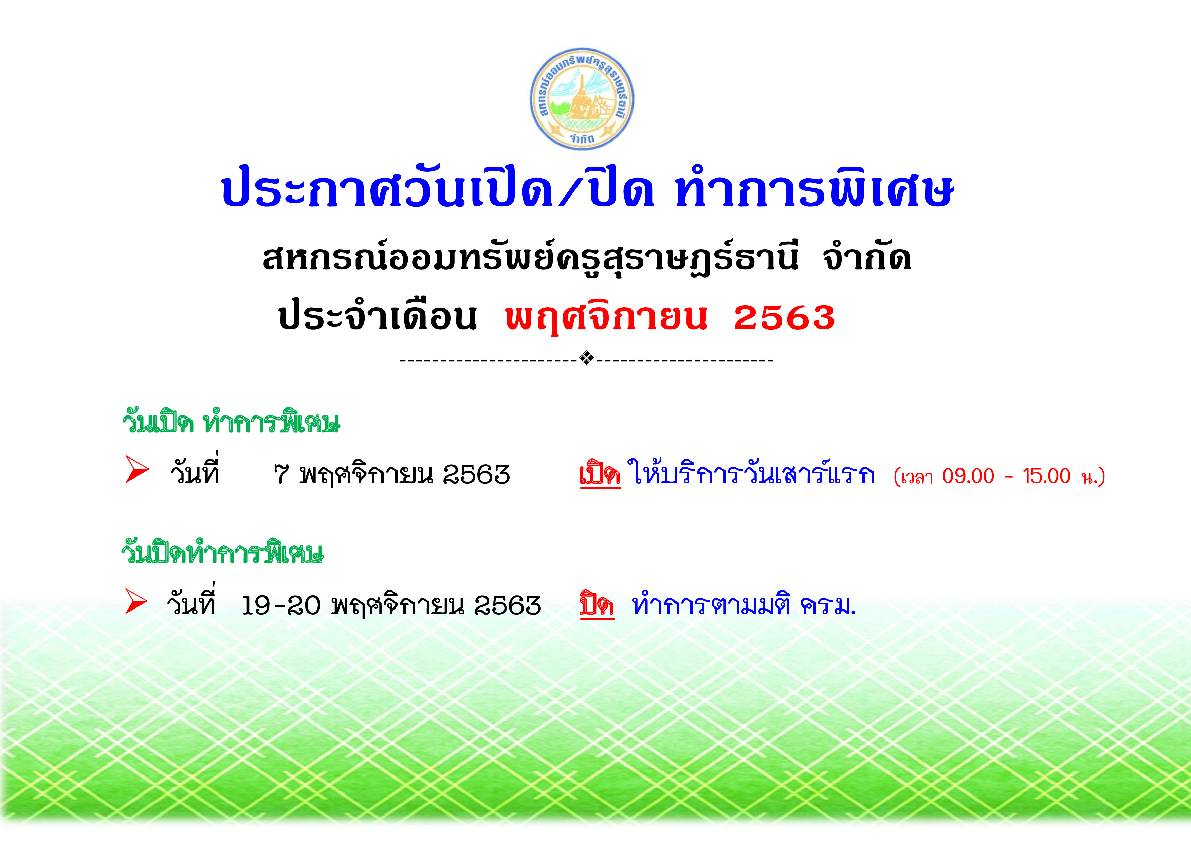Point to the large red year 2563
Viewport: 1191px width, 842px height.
pyautogui.click(x=784, y=317)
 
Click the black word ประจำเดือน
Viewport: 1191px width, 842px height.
pyautogui.click(x=377, y=315)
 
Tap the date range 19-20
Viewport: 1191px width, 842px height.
pyautogui.click(x=281, y=605)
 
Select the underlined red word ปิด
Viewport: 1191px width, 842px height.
pyautogui.click(x=597, y=604)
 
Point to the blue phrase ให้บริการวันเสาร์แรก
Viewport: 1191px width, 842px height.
pyautogui.click(x=751, y=472)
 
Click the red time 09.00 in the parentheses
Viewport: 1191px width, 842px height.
pyautogui.click(x=968, y=476)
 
